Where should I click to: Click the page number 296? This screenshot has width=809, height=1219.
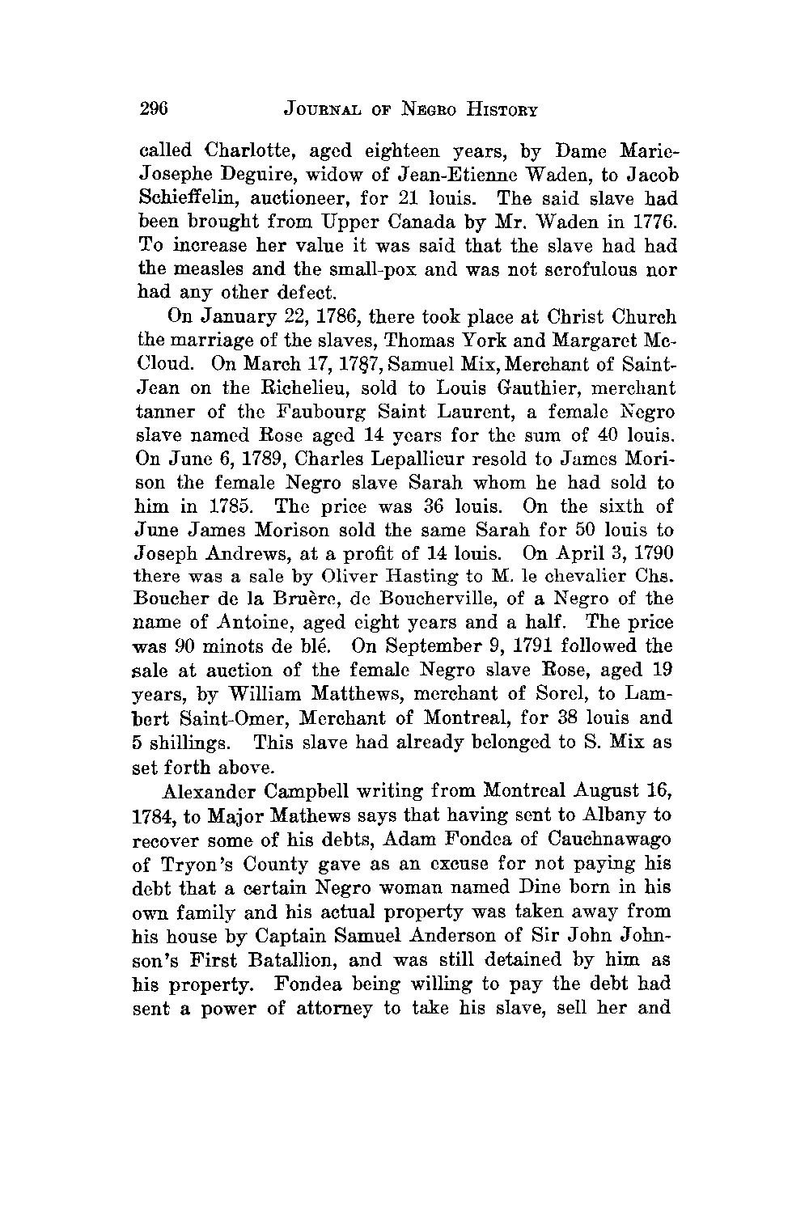153,108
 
